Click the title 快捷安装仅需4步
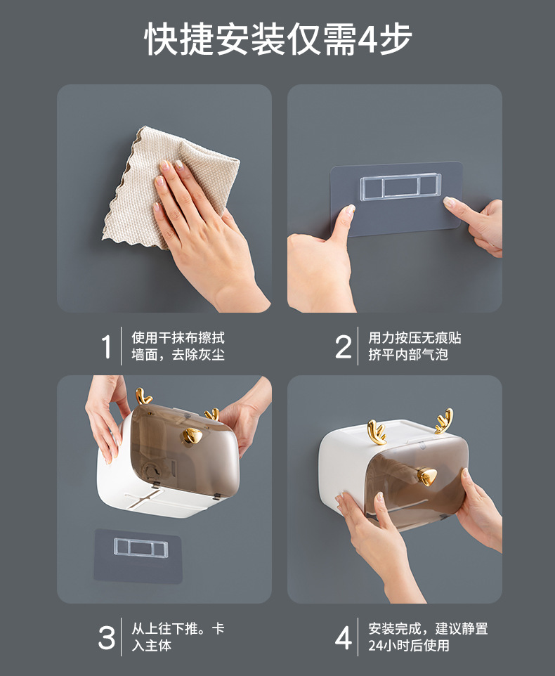[278, 39]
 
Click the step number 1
[106, 346]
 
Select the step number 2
[344, 346]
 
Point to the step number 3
[106, 637]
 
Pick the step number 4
[344, 637]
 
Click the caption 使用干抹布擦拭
[178, 337]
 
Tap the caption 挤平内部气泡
[408, 354]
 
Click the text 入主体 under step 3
[151, 645]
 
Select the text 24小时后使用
[408, 645]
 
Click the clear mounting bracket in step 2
[400, 187]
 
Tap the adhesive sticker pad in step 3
[138, 556]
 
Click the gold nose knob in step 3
[192, 436]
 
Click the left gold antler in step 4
[377, 432]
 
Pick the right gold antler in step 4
[444, 421]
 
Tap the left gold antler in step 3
[143, 396]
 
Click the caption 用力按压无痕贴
[414, 337]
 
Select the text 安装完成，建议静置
[428, 629]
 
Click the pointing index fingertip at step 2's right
[449, 202]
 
